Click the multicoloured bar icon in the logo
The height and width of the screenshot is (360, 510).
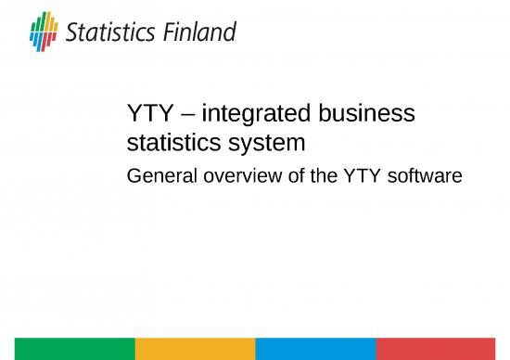44,33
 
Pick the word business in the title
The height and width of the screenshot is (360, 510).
367,116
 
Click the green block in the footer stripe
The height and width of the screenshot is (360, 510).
67,349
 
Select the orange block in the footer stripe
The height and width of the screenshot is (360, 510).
195,349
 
